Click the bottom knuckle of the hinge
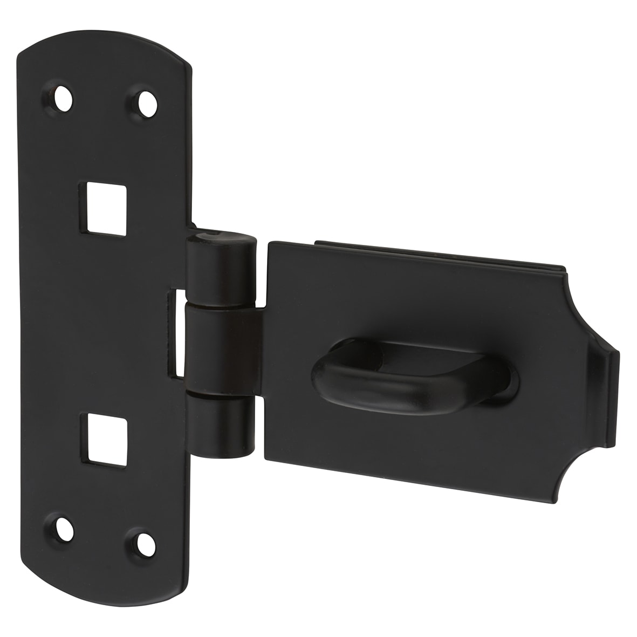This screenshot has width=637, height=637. (x=222, y=426)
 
